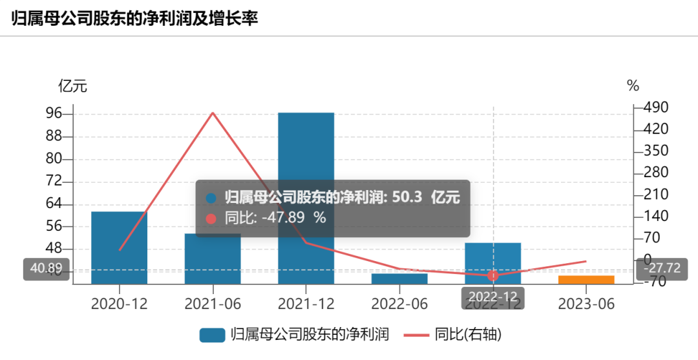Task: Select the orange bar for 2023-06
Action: click(586, 279)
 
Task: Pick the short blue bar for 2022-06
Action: click(399, 279)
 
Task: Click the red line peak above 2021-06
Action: click(213, 113)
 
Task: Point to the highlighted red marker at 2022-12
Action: click(493, 275)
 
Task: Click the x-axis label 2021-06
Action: click(213, 304)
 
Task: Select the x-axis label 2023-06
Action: click(586, 304)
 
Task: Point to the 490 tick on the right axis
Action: click(656, 107)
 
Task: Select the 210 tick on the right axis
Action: click(656, 194)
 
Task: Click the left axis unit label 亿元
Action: click(72, 86)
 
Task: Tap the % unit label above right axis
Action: click(633, 86)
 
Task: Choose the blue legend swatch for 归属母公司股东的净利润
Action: click(212, 335)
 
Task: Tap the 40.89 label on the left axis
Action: click(46, 269)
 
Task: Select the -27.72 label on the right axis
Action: click(661, 268)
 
